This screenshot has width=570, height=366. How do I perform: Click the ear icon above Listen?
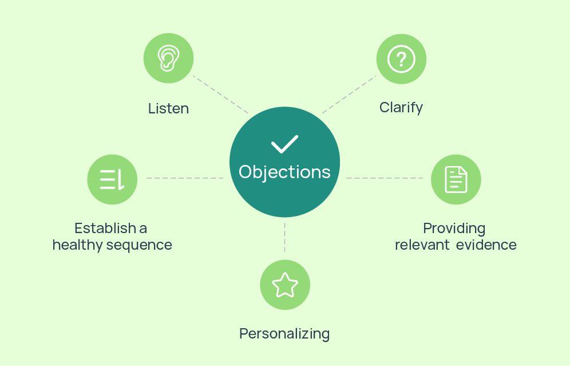(168, 58)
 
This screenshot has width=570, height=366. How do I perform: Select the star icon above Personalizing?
(284, 285)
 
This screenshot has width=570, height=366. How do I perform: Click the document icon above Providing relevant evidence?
(456, 179)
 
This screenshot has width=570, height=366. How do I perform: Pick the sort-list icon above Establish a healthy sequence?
(112, 179)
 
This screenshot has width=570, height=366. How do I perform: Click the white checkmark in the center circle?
(284, 144)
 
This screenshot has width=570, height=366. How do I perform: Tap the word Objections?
(284, 172)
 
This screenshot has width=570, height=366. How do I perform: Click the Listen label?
(168, 108)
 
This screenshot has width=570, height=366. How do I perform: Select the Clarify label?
(401, 107)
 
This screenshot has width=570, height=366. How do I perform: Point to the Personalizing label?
(284, 333)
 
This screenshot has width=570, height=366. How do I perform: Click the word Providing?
(454, 228)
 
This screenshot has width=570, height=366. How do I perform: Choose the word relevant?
(421, 245)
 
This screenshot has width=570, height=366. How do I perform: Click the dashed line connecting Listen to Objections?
(220, 94)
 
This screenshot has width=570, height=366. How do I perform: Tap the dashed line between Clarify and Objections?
(349, 94)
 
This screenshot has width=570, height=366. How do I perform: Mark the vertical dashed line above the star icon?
(284, 238)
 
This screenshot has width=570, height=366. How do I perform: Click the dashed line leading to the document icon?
(385, 178)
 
